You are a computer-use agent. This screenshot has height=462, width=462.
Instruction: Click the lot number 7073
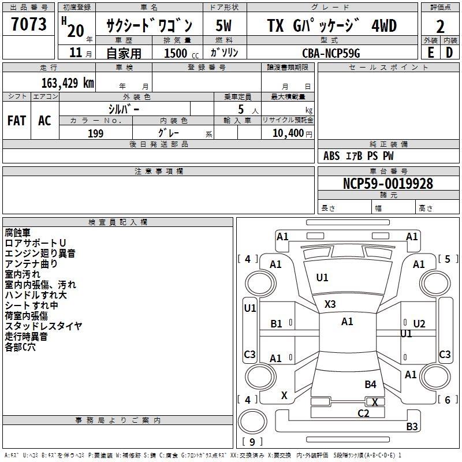pyautogui.click(x=29, y=24)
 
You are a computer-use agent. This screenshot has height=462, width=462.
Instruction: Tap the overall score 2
pyautogui.click(x=440, y=27)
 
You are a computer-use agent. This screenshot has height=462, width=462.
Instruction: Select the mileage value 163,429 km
pyautogui.click(x=68, y=83)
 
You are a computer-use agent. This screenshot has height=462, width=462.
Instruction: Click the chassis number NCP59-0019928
pyautogui.click(x=388, y=184)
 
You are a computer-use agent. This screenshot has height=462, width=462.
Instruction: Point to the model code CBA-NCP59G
pyautogui.click(x=331, y=53)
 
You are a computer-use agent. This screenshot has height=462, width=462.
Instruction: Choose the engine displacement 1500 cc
pyautogui.click(x=181, y=53)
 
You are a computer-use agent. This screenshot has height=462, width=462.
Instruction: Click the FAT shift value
pyautogui.click(x=17, y=121)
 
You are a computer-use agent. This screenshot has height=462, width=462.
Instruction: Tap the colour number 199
pyautogui.click(x=95, y=133)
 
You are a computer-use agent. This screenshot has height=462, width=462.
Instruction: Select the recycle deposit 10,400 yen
pyautogui.click(x=292, y=133)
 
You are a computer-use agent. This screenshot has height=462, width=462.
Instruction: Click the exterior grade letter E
pyautogui.click(x=430, y=53)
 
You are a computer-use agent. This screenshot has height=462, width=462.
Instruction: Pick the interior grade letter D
pyautogui.click(x=449, y=53)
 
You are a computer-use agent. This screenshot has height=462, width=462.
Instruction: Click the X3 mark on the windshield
pyautogui.click(x=330, y=304)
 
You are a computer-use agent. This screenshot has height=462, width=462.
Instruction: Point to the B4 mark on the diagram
pyautogui.click(x=370, y=384)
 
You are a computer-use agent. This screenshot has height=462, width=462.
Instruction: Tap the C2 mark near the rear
pyautogui.click(x=363, y=413)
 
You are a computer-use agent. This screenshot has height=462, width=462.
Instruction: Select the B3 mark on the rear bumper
pyautogui.click(x=412, y=426)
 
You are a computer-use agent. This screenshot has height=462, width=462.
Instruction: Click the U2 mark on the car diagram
pyautogui.click(x=419, y=324)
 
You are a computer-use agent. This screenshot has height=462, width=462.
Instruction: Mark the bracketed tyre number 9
pyautogui.click(x=252, y=442)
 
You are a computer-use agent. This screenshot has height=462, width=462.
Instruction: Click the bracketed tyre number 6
pyautogui.click(x=448, y=400)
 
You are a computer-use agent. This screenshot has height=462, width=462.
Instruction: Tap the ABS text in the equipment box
pyautogui.click(x=331, y=156)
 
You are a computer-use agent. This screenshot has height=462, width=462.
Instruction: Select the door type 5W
pyautogui.click(x=223, y=25)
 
